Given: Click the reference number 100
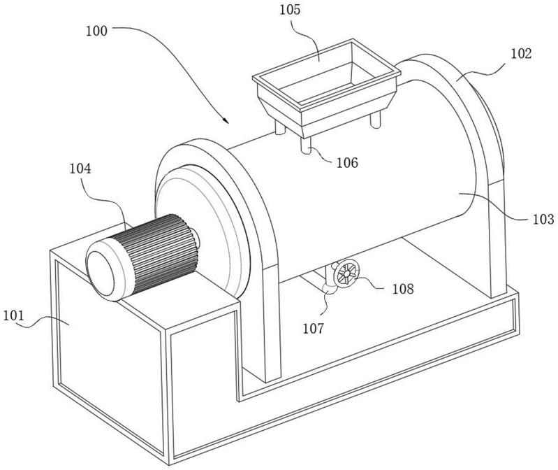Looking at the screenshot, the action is click(96, 31).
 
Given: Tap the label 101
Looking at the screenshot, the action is click(13, 315).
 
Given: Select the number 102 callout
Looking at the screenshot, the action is click(522, 54).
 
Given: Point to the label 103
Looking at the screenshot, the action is click(543, 219).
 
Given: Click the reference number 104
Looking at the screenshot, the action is click(80, 169).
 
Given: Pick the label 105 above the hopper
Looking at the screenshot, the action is click(290, 10).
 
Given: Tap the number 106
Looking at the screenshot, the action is click(347, 163).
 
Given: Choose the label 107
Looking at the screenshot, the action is click(314, 328).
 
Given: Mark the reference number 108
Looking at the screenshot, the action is click(403, 289).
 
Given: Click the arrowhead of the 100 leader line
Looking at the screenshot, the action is click(226, 121).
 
